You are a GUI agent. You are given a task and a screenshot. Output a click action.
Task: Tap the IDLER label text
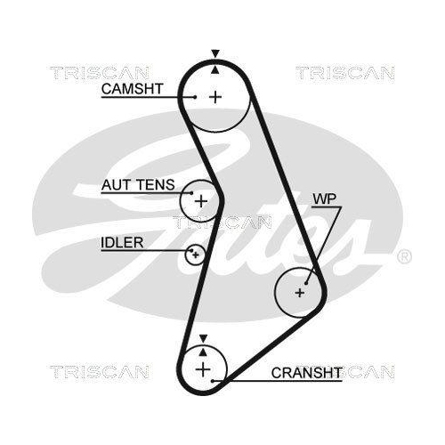pos(121,241)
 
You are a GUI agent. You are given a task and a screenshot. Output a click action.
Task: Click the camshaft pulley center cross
pos(215,95)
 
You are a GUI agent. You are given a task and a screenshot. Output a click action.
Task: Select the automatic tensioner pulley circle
pos(200,200)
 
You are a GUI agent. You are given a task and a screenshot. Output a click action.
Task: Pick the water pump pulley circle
pos(298,291)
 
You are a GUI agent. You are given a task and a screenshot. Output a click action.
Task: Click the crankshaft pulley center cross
pos(204,368)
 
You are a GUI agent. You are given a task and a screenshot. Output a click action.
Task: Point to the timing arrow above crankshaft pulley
pos(204,338)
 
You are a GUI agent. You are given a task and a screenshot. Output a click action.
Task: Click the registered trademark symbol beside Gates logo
pos(403,257)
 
